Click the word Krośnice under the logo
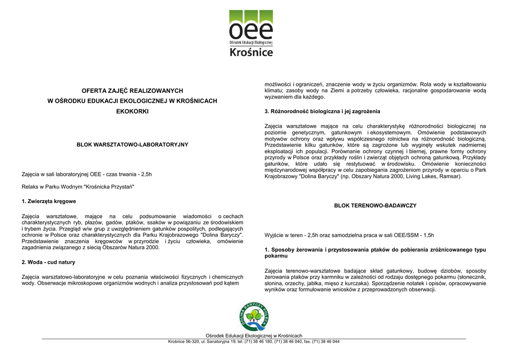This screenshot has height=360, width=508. click(251, 52)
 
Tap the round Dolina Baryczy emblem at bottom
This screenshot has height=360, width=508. click(254, 317)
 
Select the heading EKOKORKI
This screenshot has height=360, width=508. click(132, 111)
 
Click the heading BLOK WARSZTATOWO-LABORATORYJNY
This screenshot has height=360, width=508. click(132, 144)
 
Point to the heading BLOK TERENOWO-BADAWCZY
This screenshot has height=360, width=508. click(375, 205)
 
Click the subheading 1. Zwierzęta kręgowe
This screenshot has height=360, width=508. click(49, 202)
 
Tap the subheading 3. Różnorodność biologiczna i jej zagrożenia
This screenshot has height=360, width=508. click(322, 111)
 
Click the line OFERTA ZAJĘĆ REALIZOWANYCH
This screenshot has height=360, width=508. click(132, 91)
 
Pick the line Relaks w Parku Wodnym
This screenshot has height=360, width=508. click(78, 187)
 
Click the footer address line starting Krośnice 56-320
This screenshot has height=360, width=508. click(254, 342)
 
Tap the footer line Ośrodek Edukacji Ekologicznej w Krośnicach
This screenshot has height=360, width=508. click(254, 336)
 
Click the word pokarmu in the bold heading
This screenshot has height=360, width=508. click(276, 256)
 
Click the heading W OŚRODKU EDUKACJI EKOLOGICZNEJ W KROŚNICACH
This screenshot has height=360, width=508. click(132, 101)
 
